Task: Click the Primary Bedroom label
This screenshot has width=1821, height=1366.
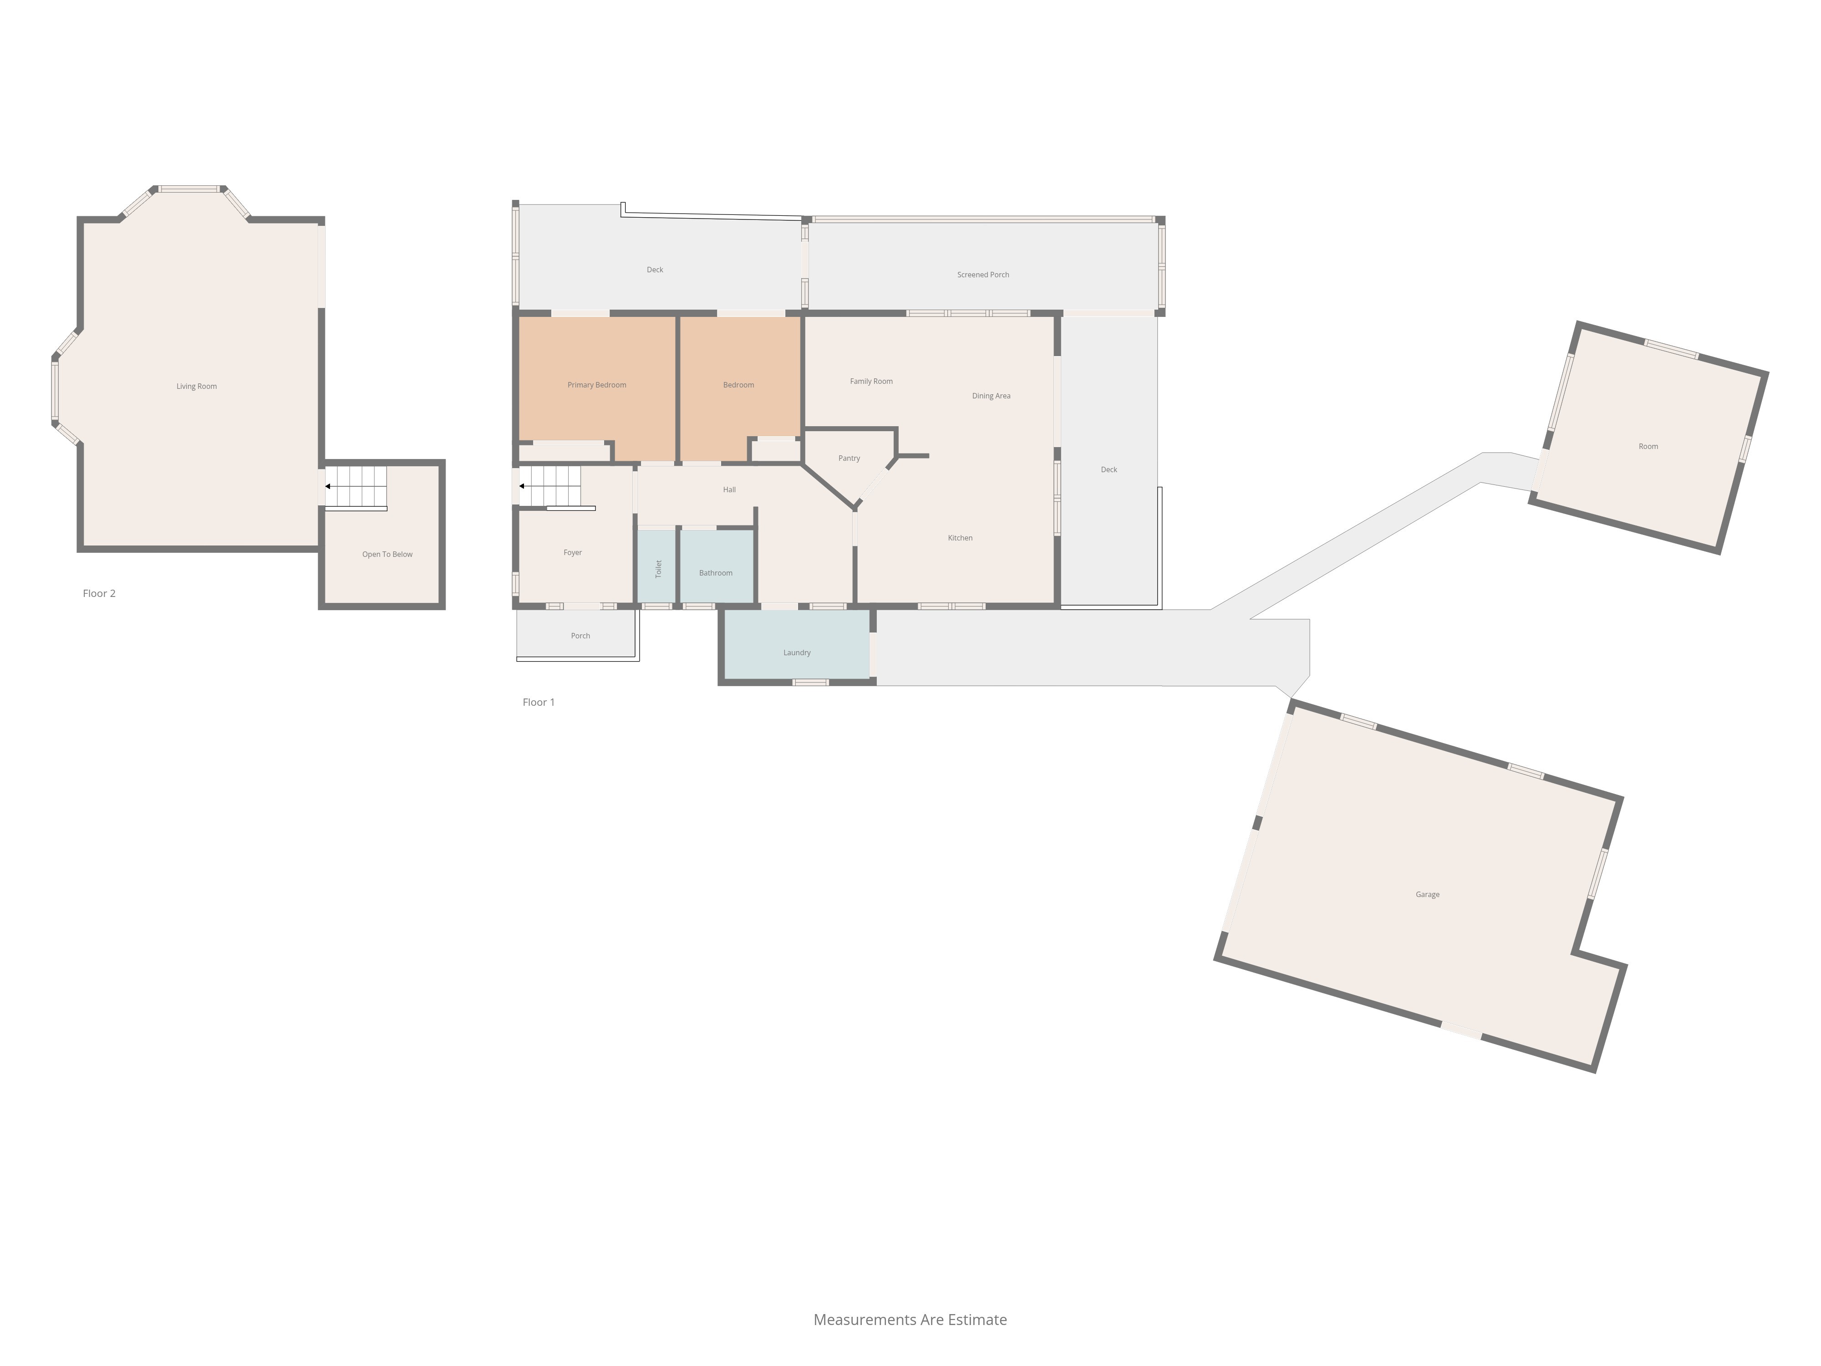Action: pyautogui.click(x=597, y=384)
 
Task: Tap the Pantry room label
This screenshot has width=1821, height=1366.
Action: pyautogui.click(x=849, y=458)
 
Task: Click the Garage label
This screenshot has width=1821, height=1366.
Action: pyautogui.click(x=1428, y=894)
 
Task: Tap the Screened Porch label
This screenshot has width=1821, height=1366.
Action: pyautogui.click(x=983, y=274)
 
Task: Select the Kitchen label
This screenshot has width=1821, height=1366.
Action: pyautogui.click(x=960, y=538)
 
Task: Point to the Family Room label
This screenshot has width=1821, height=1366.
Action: pyautogui.click(x=871, y=381)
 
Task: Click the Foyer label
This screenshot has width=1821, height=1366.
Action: pyautogui.click(x=572, y=552)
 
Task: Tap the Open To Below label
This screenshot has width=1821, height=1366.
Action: pyautogui.click(x=387, y=554)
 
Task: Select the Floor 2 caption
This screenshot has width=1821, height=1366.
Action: pyautogui.click(x=99, y=593)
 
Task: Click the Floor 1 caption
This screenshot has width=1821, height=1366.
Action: pyautogui.click(x=539, y=702)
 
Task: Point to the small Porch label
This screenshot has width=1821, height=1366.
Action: pyautogui.click(x=580, y=636)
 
